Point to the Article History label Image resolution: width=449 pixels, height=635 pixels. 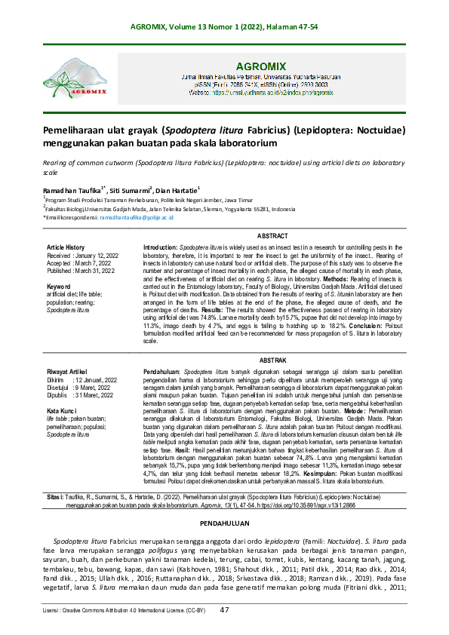(x=66, y=247)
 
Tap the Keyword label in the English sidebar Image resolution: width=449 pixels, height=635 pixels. (x=58, y=287)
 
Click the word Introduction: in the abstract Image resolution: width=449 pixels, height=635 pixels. (x=161, y=247)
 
